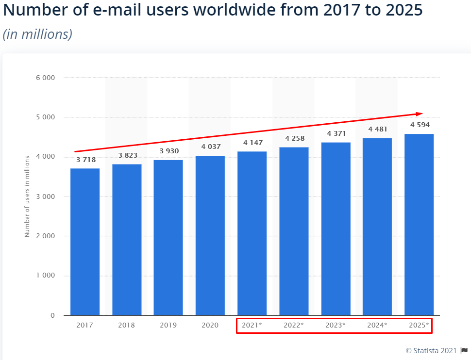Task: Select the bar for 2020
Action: pos(210,235)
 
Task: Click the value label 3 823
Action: pos(127,155)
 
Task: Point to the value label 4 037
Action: pos(211,147)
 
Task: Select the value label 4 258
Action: pos(294,138)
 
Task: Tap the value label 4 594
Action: pos(420,125)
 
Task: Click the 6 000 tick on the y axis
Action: pos(45,78)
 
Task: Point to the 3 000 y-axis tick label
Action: pos(45,196)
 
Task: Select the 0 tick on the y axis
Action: pos(52,315)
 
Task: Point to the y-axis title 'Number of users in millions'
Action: pos(27,196)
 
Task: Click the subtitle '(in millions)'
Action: pos(37,34)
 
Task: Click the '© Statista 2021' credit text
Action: pos(431,351)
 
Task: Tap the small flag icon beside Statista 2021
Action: pos(465,351)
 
